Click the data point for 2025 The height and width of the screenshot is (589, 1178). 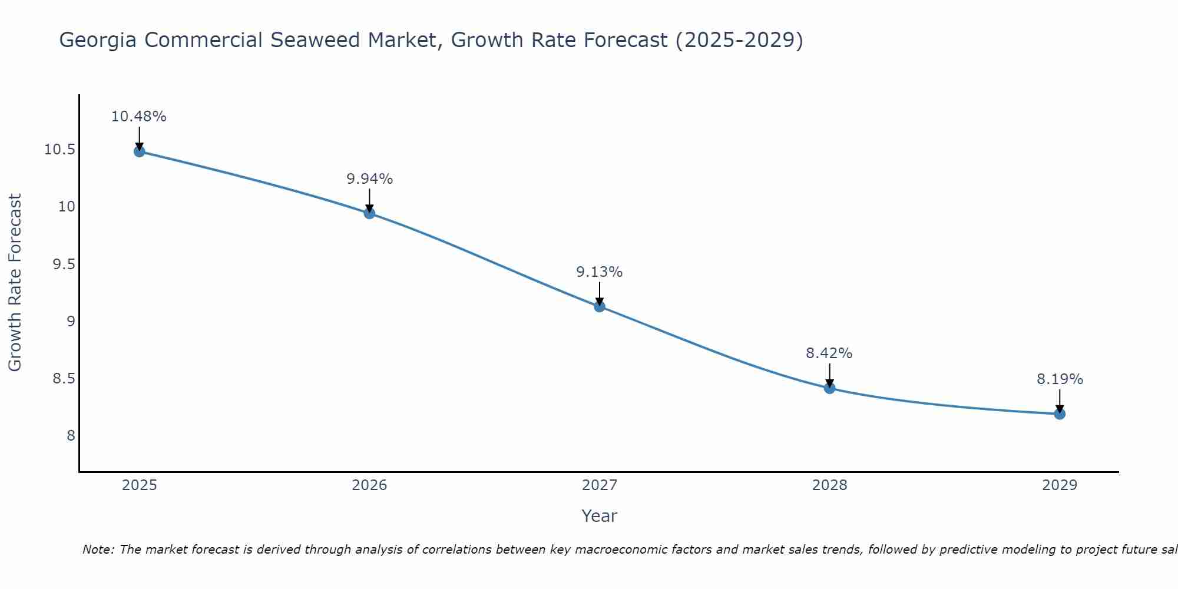point(139,151)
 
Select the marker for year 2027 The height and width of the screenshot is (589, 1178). point(600,306)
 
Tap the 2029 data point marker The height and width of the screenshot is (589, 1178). point(1060,414)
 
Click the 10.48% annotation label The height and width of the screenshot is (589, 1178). point(139,117)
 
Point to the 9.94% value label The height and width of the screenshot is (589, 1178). point(369,179)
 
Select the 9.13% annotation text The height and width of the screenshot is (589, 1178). point(600,272)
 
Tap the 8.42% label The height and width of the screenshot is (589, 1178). point(829,353)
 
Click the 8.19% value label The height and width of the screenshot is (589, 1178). point(1060,379)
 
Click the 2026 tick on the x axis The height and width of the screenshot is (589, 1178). point(369,485)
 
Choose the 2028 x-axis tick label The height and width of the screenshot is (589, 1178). point(829,485)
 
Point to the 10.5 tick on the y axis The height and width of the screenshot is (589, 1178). point(59,150)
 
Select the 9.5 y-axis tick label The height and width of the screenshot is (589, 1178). point(64,264)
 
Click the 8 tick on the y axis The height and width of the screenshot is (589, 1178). point(71,436)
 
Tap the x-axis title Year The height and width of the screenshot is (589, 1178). point(600,516)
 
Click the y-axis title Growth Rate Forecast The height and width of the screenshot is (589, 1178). point(15,283)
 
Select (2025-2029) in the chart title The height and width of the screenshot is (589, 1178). point(739,40)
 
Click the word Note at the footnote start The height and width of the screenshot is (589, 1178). point(98,550)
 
